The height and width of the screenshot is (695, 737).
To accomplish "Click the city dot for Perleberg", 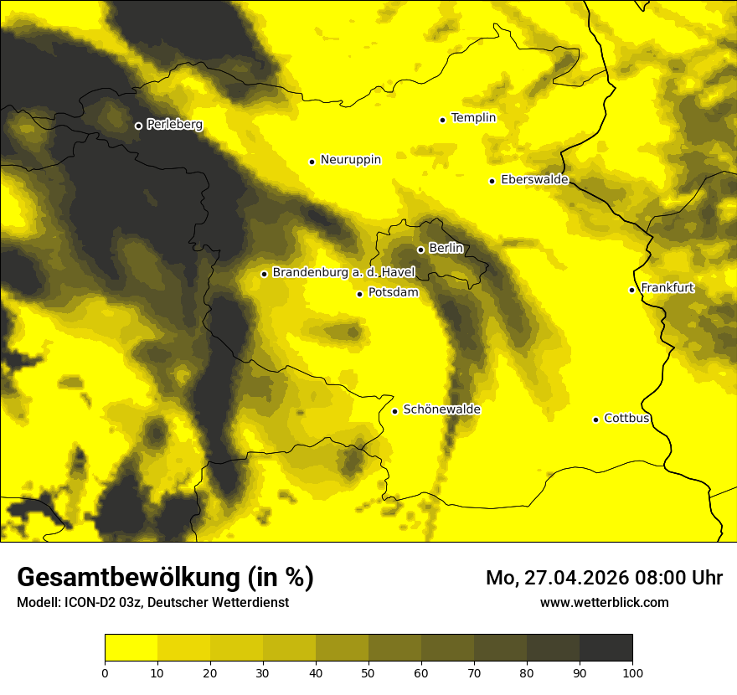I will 138,126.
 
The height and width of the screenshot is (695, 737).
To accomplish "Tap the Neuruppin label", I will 350,160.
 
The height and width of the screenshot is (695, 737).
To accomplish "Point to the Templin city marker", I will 442,120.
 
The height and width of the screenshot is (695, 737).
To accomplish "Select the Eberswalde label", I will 534,180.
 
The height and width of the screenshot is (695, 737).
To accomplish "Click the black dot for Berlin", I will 420,250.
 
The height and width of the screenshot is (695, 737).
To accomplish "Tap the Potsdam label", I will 393,293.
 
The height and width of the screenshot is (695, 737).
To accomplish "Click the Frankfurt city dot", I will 631,290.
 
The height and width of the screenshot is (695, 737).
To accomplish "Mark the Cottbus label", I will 626,419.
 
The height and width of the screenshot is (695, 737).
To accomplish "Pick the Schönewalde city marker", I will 394,411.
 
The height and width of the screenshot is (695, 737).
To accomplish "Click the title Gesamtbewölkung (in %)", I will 165,578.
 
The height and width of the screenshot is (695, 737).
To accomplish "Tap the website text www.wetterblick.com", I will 604,603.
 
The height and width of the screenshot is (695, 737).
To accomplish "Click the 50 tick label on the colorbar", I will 368,672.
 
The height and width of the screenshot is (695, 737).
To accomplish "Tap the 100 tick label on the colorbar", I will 632,672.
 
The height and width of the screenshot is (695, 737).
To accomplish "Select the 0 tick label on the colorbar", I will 105,672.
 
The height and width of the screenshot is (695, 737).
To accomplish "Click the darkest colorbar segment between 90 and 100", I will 606,648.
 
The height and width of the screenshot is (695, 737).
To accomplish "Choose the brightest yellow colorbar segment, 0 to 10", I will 131,648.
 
